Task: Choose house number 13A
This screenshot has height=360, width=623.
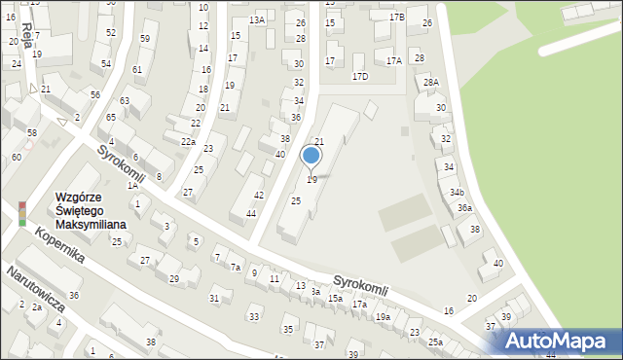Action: [x=257, y=20]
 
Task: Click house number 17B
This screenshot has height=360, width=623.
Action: [x=396, y=18]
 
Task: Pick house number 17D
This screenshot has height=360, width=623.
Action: [x=360, y=76]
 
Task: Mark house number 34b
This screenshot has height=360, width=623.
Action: [x=457, y=193]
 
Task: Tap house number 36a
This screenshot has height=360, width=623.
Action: [x=465, y=208]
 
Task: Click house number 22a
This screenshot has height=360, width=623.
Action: [x=188, y=141]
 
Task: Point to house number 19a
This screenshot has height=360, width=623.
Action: [x=384, y=317]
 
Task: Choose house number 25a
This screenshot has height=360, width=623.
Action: [x=435, y=342]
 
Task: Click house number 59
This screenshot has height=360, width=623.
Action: [x=145, y=39]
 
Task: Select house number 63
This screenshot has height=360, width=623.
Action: [x=125, y=101]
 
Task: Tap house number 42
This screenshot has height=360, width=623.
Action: [x=258, y=195]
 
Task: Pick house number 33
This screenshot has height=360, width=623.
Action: [x=254, y=317]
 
